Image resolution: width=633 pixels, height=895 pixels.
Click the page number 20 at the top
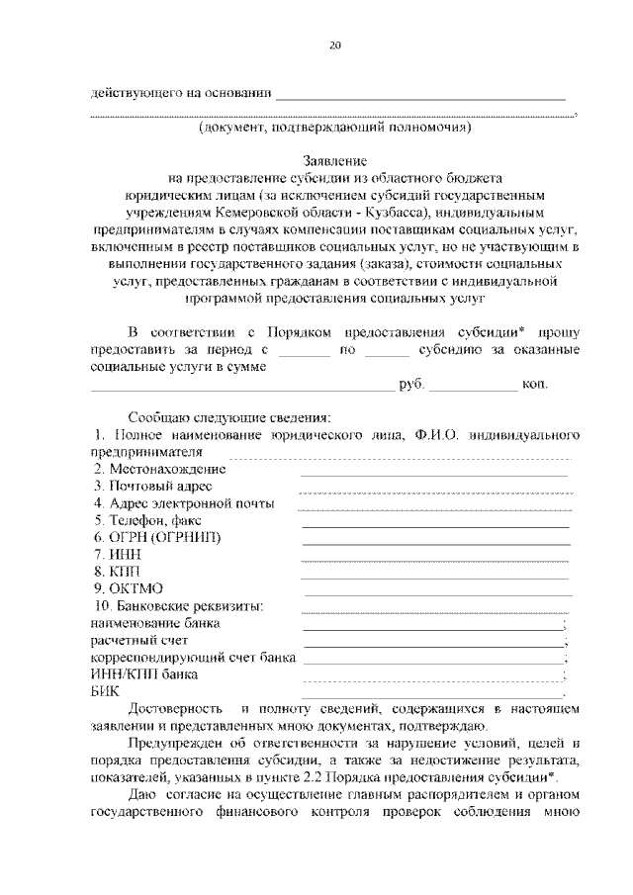pyautogui.click(x=334, y=45)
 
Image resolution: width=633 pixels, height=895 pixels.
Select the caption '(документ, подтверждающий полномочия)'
pyautogui.click(x=334, y=128)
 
